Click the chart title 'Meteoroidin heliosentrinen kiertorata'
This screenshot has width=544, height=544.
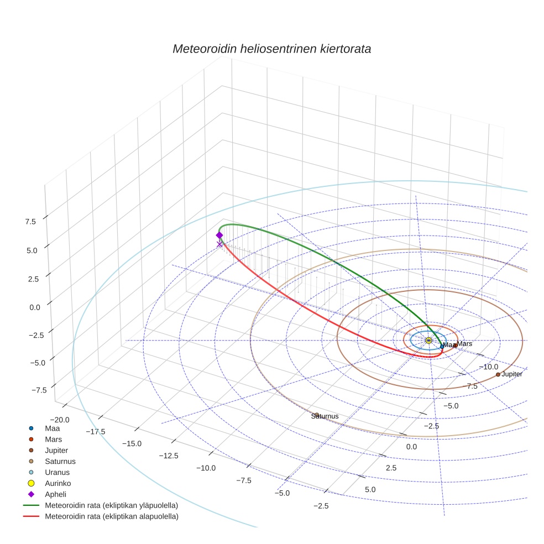click(x=271, y=49)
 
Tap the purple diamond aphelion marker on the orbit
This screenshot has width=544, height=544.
click(x=219, y=235)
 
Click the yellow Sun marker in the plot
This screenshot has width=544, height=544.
click(x=428, y=341)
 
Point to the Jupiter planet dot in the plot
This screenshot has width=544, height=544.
click(x=498, y=374)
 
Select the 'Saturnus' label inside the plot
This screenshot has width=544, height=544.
click(x=325, y=416)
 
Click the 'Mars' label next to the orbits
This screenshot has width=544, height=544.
click(x=464, y=344)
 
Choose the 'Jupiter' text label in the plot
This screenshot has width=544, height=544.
click(x=511, y=374)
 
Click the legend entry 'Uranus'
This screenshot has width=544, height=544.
click(x=57, y=473)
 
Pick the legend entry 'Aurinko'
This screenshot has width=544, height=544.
click(x=57, y=483)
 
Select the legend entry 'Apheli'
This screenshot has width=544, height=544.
click(x=55, y=494)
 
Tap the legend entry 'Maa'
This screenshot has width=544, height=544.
click(x=52, y=428)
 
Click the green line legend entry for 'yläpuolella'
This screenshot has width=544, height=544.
click(x=111, y=505)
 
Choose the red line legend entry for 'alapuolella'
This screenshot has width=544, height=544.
click(x=111, y=517)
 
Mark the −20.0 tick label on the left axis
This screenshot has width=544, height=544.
click(x=59, y=420)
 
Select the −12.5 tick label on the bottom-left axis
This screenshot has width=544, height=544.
click(x=169, y=456)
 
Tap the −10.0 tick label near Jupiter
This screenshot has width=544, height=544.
click(x=488, y=367)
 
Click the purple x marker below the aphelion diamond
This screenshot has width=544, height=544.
click(x=219, y=244)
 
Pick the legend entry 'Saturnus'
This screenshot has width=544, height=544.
click(x=60, y=461)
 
